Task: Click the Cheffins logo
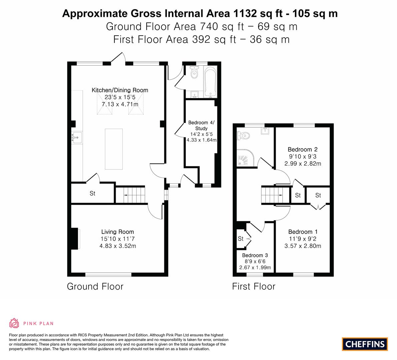pyautogui.click(x=365, y=344)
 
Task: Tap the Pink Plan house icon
pyautogui.click(x=14, y=323)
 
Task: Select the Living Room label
pyautogui.click(x=117, y=232)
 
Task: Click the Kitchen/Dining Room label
pyautogui.click(x=120, y=90)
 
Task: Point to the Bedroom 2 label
pyautogui.click(x=303, y=149)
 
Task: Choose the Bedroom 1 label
pyautogui.click(x=303, y=232)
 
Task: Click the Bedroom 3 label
pyautogui.click(x=255, y=255)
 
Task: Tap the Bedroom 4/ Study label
pyautogui.click(x=201, y=126)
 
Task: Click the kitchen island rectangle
pyautogui.click(x=114, y=149)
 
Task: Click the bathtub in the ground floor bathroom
pyautogui.click(x=210, y=82)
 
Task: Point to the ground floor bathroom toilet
pyautogui.click(x=194, y=72)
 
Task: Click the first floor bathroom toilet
pyautogui.click(x=243, y=136)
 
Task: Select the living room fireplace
pyautogui.click(x=75, y=239)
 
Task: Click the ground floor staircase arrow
pyautogui.click(x=129, y=195)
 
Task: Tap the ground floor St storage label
pyautogui.click(x=92, y=193)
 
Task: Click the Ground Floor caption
pyautogui.click(x=95, y=287)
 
